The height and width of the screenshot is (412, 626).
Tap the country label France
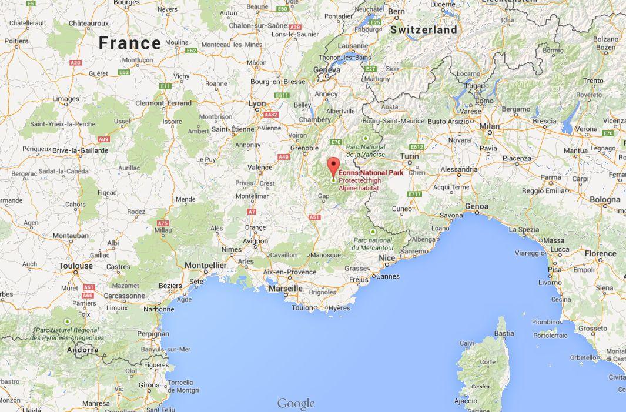129,43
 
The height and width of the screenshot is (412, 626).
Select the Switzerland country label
423,29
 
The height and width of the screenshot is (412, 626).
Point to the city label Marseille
285,289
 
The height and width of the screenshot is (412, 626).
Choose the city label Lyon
257,103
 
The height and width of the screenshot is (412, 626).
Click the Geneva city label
327,70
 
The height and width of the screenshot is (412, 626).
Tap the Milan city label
489,126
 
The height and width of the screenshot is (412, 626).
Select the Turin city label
409,156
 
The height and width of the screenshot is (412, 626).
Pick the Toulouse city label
76,266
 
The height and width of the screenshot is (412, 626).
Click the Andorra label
83,350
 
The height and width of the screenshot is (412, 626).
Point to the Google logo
296,404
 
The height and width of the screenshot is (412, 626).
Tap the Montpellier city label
206,266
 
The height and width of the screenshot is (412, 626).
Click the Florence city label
600,254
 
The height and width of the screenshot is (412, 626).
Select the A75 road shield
163,223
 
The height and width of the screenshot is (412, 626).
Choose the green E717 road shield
414,194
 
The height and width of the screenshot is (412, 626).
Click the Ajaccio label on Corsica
466,401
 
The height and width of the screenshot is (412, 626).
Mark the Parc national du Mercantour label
372,244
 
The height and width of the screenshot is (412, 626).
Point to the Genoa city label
476,206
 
